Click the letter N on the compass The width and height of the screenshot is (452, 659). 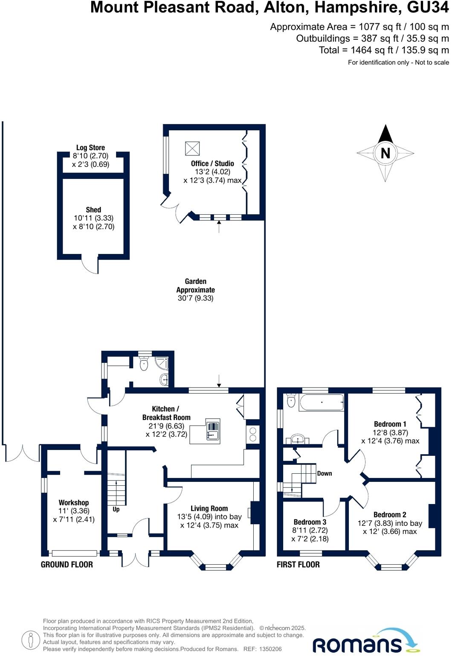pyautogui.click(x=385, y=153)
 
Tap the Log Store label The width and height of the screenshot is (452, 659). pyautogui.click(x=90, y=148)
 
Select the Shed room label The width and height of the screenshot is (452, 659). pyautogui.click(x=93, y=210)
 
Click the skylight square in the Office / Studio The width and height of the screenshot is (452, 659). pyautogui.click(x=192, y=148)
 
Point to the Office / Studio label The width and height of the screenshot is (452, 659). pyautogui.click(x=212, y=163)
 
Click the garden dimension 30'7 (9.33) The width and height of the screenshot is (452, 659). pyautogui.click(x=195, y=298)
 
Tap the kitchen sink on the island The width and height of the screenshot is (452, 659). pyautogui.click(x=212, y=430)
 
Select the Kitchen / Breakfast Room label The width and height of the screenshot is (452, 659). pyautogui.click(x=166, y=413)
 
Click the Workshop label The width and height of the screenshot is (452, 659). pyautogui.click(x=74, y=502)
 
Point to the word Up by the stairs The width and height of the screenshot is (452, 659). pyautogui.click(x=116, y=509)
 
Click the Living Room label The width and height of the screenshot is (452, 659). pyautogui.click(x=209, y=508)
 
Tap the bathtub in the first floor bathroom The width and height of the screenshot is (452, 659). pyautogui.click(x=322, y=402)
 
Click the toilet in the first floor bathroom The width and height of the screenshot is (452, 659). pyautogui.click(x=291, y=400)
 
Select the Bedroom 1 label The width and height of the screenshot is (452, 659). pyautogui.click(x=390, y=424)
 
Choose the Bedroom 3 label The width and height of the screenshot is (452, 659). pyautogui.click(x=310, y=522)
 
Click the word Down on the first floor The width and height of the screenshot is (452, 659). pyautogui.click(x=325, y=473)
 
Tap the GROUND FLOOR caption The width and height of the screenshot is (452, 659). pyautogui.click(x=67, y=564)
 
